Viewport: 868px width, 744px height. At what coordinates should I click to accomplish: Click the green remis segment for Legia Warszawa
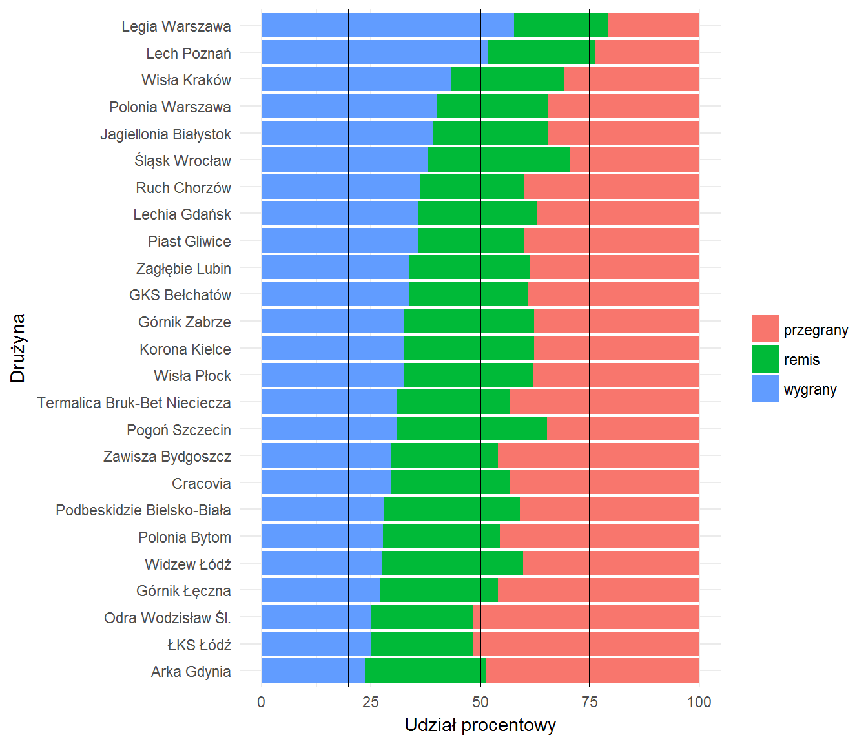(561, 25)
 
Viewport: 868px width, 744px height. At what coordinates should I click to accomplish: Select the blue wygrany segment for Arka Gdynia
(313, 670)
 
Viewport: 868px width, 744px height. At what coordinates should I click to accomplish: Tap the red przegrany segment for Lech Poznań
(647, 52)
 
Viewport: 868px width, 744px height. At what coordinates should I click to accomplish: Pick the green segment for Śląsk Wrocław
(499, 160)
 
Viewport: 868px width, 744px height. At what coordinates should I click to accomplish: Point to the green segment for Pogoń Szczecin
(471, 428)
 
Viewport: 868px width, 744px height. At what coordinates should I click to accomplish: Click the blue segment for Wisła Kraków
(356, 79)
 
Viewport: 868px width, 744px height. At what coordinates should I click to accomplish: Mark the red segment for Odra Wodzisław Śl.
(586, 616)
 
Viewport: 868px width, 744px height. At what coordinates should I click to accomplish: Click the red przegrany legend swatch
(765, 329)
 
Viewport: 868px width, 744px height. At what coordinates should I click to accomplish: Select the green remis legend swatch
(765, 358)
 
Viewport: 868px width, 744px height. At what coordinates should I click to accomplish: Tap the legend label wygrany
(810, 389)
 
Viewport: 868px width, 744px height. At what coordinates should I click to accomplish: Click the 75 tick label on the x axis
(590, 702)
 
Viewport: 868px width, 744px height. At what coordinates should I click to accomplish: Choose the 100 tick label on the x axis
(699, 702)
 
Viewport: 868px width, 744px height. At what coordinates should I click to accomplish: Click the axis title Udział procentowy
(480, 725)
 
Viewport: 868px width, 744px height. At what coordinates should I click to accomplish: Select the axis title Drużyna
(17, 348)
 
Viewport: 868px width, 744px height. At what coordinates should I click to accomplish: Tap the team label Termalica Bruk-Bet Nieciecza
(134, 402)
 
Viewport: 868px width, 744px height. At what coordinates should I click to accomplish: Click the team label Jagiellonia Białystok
(166, 134)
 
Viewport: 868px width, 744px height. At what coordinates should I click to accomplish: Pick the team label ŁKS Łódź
(200, 645)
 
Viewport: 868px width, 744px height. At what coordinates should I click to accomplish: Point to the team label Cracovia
(201, 483)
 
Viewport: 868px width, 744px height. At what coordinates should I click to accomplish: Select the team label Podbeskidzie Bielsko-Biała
(143, 510)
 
